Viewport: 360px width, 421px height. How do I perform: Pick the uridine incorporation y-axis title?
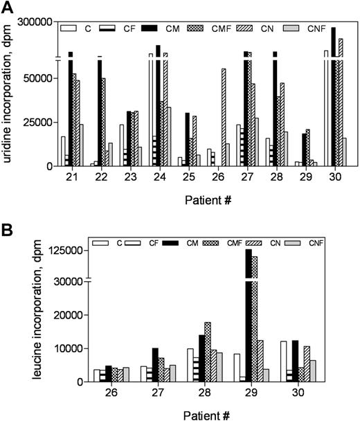tap(8, 94)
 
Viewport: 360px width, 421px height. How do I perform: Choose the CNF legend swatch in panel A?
tap(316, 28)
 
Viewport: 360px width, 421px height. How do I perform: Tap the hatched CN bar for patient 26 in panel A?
tap(222, 118)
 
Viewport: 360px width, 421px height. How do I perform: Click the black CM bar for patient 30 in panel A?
tap(334, 97)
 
